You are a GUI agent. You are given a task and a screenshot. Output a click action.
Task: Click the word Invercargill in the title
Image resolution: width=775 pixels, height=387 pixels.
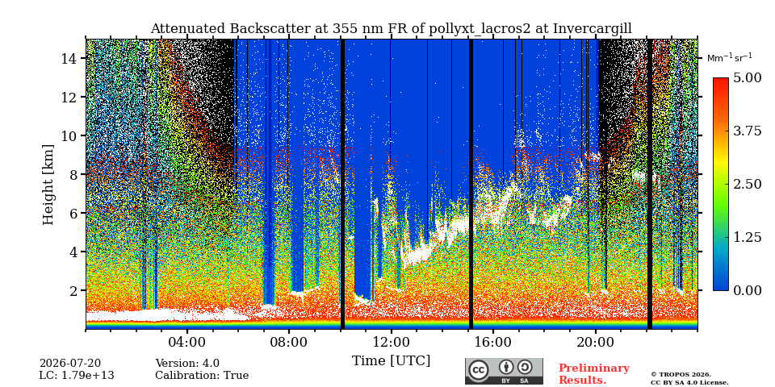click(592, 29)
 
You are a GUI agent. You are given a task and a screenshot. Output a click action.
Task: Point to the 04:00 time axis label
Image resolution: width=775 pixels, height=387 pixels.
click(186, 342)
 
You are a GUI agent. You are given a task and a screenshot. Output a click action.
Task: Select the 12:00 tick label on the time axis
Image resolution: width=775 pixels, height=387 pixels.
click(391, 342)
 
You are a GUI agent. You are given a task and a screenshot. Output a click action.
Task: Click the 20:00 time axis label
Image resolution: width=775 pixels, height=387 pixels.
click(596, 342)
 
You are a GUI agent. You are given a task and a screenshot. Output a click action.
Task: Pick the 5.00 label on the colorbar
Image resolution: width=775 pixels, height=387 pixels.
click(748, 77)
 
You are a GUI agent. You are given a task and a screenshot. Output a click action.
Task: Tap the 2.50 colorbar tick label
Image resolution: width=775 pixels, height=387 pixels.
click(748, 184)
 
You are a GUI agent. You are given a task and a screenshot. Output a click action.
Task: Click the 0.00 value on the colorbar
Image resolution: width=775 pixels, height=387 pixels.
click(748, 290)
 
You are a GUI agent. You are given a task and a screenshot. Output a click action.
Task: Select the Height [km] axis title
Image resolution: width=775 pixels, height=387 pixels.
click(48, 184)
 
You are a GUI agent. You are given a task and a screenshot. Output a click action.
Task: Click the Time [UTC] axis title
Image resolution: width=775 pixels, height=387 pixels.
click(391, 361)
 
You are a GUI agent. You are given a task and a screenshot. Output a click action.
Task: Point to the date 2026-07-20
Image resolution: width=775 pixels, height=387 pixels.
click(70, 364)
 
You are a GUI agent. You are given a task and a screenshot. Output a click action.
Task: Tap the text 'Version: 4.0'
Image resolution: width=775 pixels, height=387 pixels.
click(187, 364)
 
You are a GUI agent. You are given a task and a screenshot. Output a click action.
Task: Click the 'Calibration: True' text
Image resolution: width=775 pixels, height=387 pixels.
click(202, 376)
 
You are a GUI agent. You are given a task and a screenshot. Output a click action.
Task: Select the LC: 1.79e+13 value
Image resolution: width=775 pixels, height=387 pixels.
click(77, 376)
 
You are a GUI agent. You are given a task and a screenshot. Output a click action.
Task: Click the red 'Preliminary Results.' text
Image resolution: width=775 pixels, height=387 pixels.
click(594, 374)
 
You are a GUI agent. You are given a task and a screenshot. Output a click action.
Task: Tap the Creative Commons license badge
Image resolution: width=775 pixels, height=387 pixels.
click(504, 371)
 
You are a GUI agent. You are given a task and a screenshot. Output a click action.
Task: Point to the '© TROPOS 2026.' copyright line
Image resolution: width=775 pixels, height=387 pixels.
click(681, 375)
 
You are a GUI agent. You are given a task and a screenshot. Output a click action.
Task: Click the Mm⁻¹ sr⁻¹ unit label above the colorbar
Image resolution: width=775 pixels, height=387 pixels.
click(730, 58)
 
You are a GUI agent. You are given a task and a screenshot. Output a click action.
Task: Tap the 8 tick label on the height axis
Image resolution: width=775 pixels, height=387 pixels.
click(73, 174)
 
